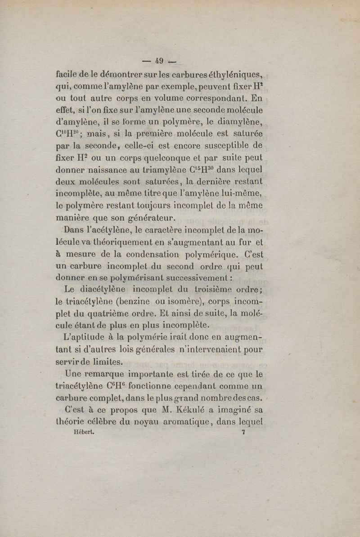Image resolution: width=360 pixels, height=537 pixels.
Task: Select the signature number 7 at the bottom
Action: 243,433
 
